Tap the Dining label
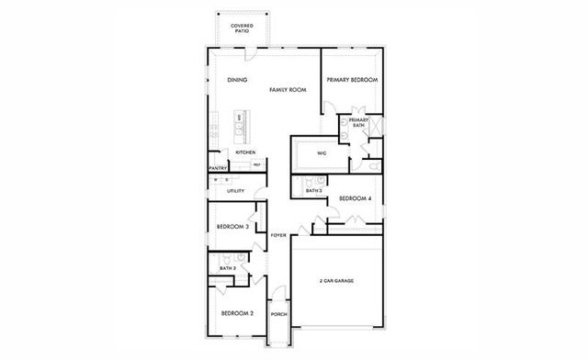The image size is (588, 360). point(237,80)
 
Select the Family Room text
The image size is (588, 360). point(288,90)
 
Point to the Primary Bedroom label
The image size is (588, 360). point(352,80)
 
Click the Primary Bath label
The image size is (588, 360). point(358,122)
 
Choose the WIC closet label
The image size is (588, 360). point(322,152)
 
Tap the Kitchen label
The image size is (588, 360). point(244,152)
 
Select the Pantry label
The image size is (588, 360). point(218,168)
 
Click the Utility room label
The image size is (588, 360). point(235,191)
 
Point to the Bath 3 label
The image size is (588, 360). point(315,190)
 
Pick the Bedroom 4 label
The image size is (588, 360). point(355,198)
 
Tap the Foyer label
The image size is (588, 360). point(278,236)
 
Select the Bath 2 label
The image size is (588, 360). point(227,268)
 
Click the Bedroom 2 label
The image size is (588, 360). point(237,313)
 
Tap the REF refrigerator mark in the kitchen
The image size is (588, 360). point(257,164)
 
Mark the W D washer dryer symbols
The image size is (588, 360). point(221,180)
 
